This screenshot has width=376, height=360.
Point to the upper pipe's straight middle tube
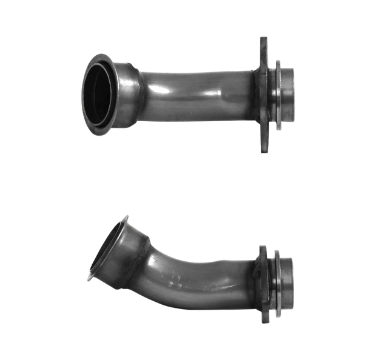(194, 94)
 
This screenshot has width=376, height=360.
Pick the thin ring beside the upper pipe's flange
(277, 94)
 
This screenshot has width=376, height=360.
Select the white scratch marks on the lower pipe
(182, 282)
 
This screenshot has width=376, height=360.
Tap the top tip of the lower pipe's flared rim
(127, 217)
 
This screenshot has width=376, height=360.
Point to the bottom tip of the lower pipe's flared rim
(92, 278)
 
